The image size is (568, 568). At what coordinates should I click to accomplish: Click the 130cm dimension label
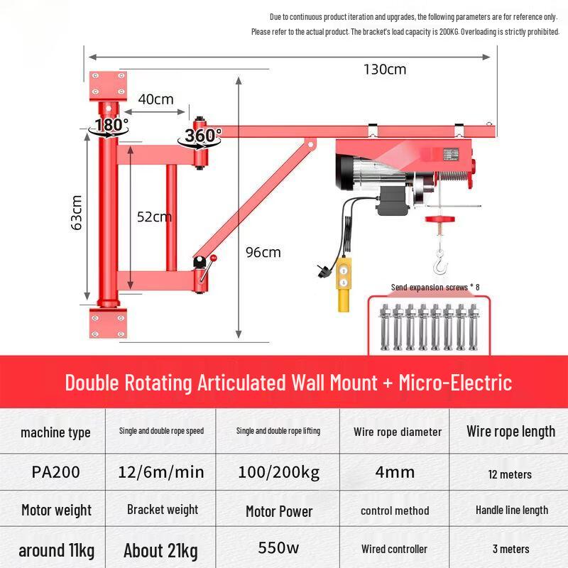point(385,70)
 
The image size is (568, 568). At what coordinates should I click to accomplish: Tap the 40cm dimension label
point(155,99)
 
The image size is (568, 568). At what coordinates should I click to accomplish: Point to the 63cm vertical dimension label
point(77,212)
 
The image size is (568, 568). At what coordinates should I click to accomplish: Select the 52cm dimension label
point(154,217)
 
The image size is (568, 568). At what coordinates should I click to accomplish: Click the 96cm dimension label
point(263,252)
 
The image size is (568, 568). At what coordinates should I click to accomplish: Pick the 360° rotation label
point(203,134)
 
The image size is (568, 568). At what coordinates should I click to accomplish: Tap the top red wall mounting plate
point(107,84)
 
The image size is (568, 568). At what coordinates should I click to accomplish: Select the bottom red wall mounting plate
point(107,324)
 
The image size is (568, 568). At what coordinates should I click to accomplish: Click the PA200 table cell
point(55,472)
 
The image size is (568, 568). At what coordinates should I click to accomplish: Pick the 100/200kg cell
point(278,472)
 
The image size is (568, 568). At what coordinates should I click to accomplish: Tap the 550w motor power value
point(278,549)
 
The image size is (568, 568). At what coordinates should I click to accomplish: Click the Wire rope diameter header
point(397,432)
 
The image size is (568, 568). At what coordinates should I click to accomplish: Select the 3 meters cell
point(510,549)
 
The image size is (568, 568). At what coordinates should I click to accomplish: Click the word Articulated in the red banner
point(242,383)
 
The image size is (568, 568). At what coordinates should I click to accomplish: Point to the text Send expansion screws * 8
point(435,287)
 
